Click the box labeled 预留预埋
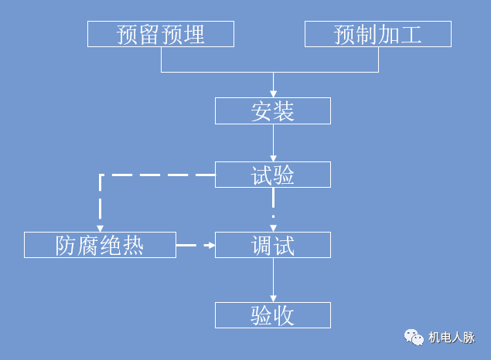coord(161,35)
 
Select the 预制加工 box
coord(378,35)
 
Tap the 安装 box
coord(272,111)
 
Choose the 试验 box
coord(272,175)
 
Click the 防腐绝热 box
coord(100,245)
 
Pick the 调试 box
coord(272,245)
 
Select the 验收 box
coord(272,315)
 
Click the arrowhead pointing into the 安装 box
coord(272,95)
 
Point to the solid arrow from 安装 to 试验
coord(272,143)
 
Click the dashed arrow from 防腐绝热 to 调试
coord(195,245)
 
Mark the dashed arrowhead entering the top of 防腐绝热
coord(100,228)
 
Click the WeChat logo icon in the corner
coord(414,337)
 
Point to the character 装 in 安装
coord(284,111)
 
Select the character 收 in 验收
coord(284,315)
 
